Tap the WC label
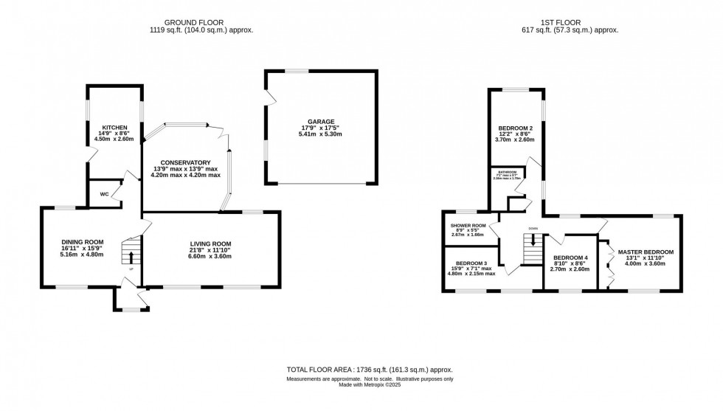[x=104, y=195]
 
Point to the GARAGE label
[x=322, y=122]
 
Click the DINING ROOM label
[x=83, y=242]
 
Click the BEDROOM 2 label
[x=516, y=128]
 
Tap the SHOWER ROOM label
[x=468, y=226]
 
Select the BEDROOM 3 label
[x=471, y=263]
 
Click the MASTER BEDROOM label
[x=646, y=252]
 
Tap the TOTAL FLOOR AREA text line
[x=369, y=370]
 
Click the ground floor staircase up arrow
[x=132, y=257]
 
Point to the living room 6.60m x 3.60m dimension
[x=211, y=256]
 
